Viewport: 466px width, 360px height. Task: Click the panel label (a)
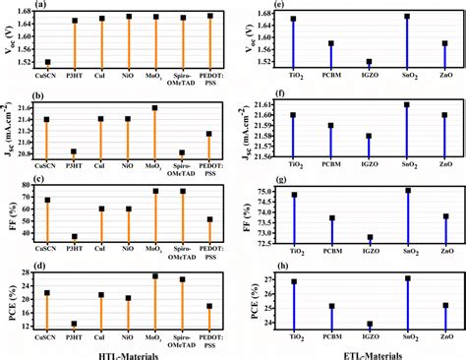pyautogui.click(x=14, y=5)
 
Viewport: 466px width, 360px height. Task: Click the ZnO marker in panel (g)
pyautogui.click(x=445, y=216)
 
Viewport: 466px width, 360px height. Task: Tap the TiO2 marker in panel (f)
pyautogui.click(x=293, y=115)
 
